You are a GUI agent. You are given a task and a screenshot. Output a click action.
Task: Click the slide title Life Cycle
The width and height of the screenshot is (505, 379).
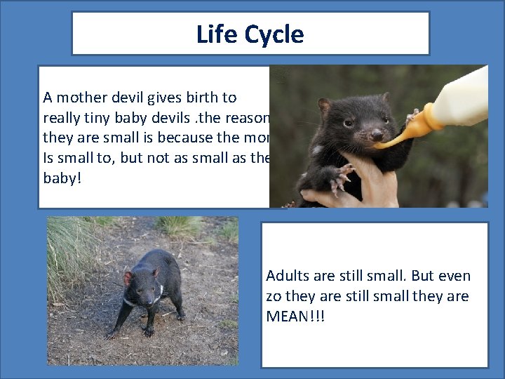tap(250, 34)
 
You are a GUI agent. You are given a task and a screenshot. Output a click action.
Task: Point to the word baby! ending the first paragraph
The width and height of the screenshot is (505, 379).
tap(62, 178)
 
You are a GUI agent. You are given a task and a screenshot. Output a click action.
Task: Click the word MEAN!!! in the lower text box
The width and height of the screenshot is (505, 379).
tap(295, 316)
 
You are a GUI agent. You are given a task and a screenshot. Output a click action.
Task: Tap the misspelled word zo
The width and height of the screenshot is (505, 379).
tap(274, 296)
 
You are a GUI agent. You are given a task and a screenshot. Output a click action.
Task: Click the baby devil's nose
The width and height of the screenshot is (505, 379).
tap(377, 133)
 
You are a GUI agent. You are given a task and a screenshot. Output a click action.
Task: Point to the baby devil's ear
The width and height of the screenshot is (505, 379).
tap(324, 106)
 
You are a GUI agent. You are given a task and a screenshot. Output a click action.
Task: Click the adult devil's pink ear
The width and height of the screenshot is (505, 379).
tap(128, 278)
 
